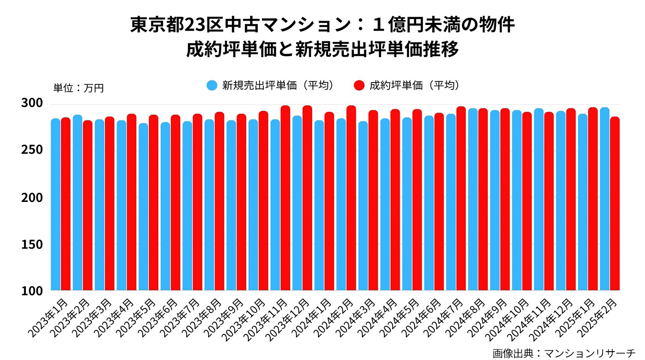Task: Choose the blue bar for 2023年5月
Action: [x=143, y=206]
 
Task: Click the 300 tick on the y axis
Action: [x=32, y=103]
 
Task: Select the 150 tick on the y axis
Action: [x=32, y=244]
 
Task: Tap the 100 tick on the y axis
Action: [x=32, y=291]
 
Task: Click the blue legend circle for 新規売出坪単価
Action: [x=212, y=85]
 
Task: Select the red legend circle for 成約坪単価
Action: [x=359, y=85]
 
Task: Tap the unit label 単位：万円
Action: [x=79, y=88]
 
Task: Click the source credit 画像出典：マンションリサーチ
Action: [x=564, y=353]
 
